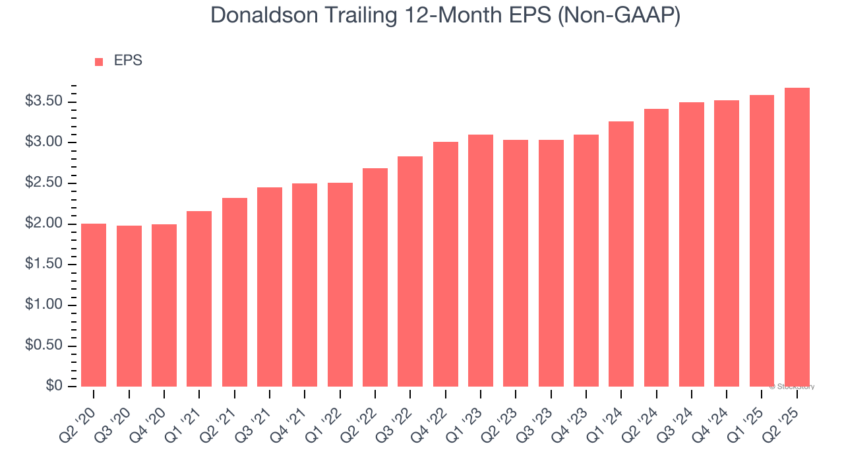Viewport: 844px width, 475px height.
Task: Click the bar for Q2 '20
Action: coord(94,305)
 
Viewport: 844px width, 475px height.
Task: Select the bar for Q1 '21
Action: coord(199,298)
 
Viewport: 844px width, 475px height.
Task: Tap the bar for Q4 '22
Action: coord(446,264)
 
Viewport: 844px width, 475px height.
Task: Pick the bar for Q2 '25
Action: coord(797,237)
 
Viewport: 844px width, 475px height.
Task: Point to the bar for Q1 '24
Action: coord(621,254)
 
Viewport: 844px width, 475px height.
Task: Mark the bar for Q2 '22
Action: coord(375,277)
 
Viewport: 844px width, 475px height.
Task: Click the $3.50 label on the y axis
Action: coord(44,102)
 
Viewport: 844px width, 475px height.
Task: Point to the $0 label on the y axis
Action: coord(53,386)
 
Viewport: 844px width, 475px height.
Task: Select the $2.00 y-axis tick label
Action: coord(44,224)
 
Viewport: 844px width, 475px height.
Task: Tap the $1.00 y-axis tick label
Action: coord(44,305)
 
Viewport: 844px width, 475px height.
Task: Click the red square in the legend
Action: coord(99,62)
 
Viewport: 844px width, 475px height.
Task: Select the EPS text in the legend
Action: coord(128,61)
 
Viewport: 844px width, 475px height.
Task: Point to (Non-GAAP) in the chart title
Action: coord(617,16)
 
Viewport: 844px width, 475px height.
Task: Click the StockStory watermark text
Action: coord(794,387)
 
